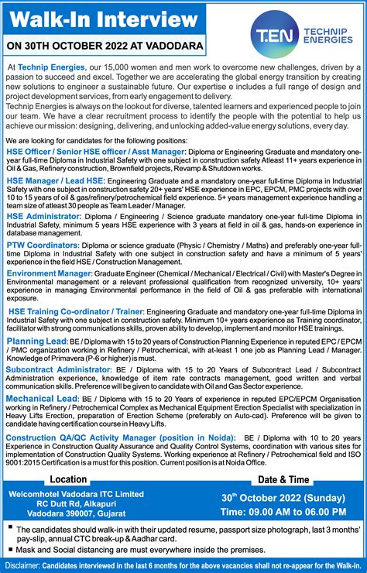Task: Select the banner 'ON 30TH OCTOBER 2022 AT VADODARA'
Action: pos(107,46)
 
